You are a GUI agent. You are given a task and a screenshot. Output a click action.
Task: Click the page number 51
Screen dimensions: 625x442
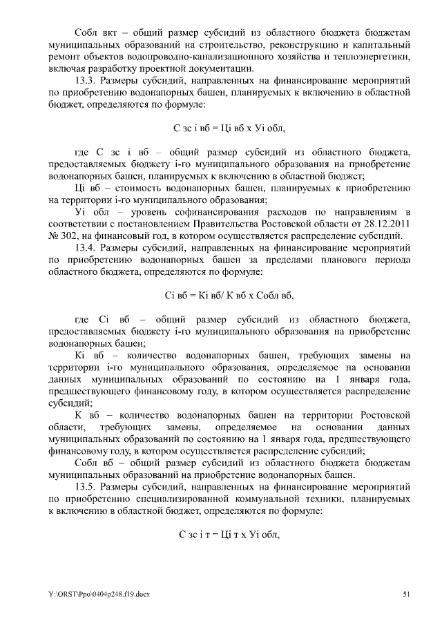407,593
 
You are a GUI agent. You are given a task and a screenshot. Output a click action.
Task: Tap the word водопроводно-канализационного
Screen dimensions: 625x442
214,57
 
